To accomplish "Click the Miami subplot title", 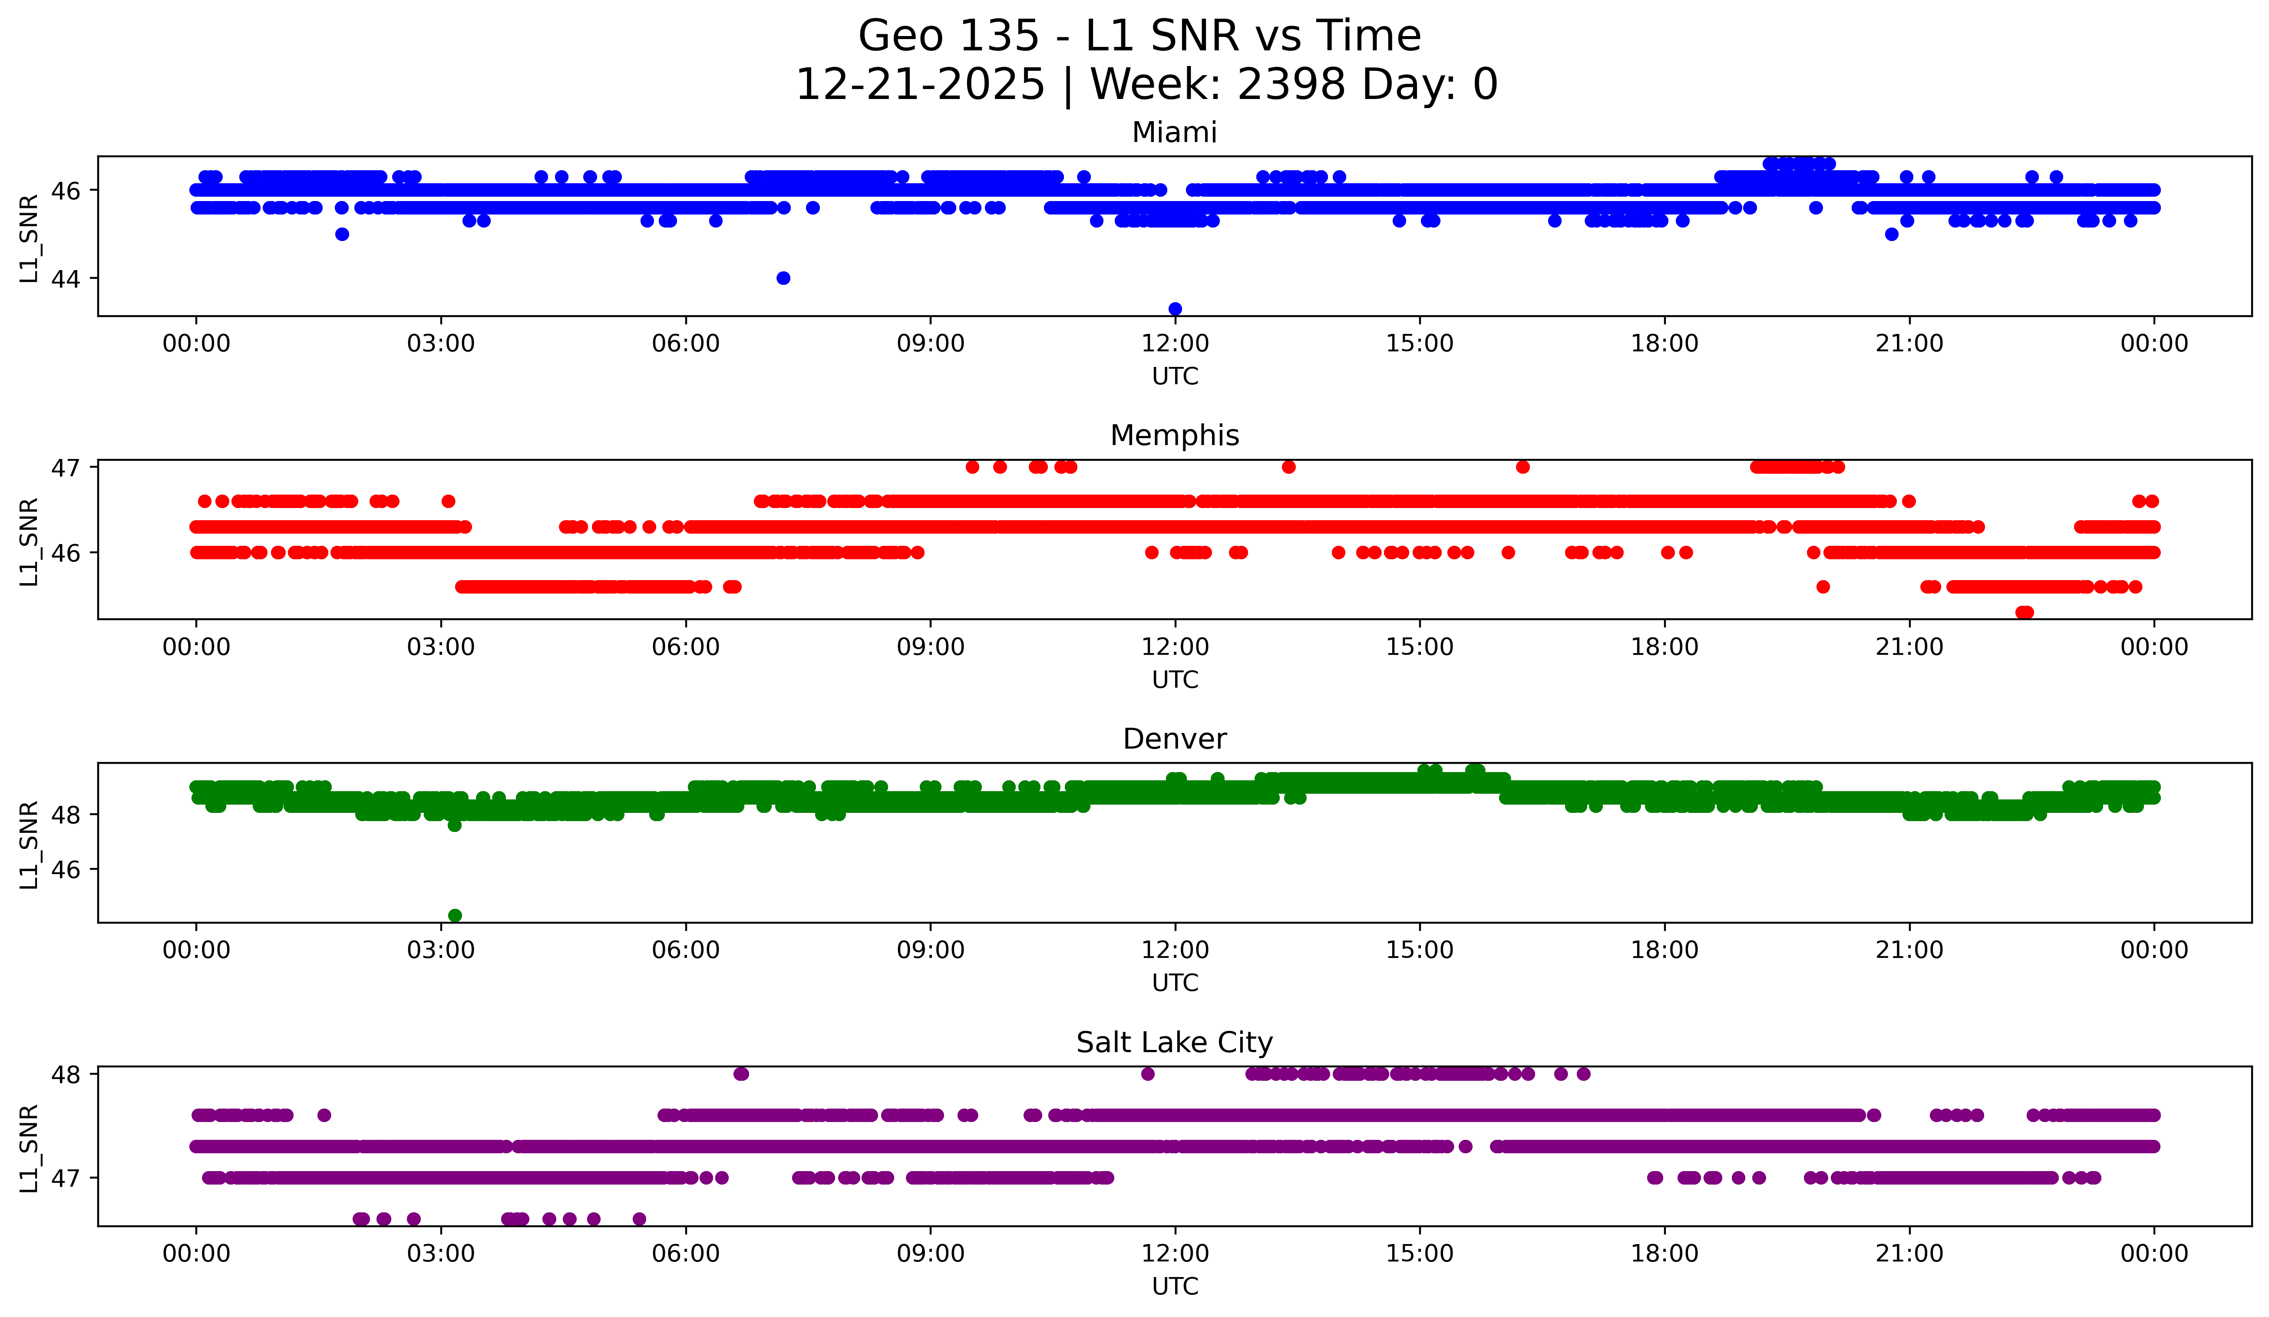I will pos(1174,132).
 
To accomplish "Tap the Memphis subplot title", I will pos(1174,436).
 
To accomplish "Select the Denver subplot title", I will pos(1174,739).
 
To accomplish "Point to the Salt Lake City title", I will pos(1174,1043).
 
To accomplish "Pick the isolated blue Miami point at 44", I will pos(783,278).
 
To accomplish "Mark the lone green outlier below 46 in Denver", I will pos(455,915).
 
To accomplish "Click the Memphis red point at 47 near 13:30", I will pos(1288,466).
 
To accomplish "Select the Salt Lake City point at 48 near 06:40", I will pos(741,1073).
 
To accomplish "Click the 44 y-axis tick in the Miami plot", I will pos(65,279).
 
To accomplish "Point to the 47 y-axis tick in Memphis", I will pos(65,467).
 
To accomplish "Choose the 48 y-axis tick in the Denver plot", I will pos(65,815).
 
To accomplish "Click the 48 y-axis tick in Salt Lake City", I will pos(65,1074).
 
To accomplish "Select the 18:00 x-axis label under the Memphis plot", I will pos(1664,647).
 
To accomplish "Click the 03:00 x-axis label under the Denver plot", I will pos(441,951).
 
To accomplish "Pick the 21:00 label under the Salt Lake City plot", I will pos(1909,1254).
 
